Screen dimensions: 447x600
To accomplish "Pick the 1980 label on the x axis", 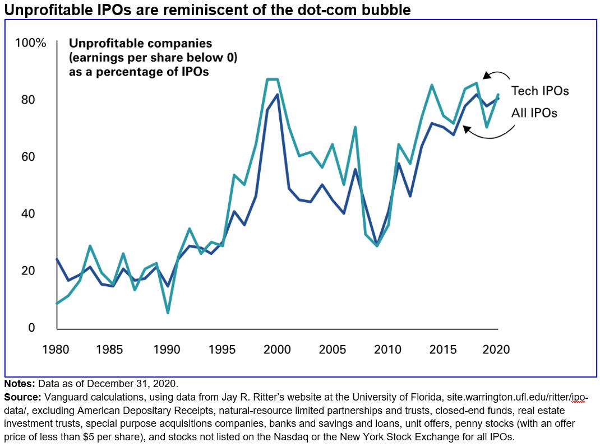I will pos(57,350).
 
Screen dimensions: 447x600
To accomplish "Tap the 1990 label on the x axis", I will pos(167,350).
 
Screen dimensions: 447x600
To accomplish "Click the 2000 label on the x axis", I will pos(276,350).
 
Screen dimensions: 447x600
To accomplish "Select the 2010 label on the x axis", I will pos(387,350).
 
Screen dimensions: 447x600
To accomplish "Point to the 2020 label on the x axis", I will pos(496,350).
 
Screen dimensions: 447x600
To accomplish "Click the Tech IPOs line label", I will pos(540,91).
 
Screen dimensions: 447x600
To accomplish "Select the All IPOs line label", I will pos(534,113).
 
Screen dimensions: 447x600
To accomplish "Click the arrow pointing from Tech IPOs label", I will pos(497,77).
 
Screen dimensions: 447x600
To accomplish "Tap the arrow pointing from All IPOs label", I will pos(491,131).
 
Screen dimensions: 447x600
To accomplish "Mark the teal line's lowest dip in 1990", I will pos(167,312).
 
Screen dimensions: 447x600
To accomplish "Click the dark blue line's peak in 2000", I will pos(277,95).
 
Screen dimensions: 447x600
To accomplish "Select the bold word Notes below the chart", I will pos(19,384).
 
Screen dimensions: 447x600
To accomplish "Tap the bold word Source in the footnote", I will pos(22,397).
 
